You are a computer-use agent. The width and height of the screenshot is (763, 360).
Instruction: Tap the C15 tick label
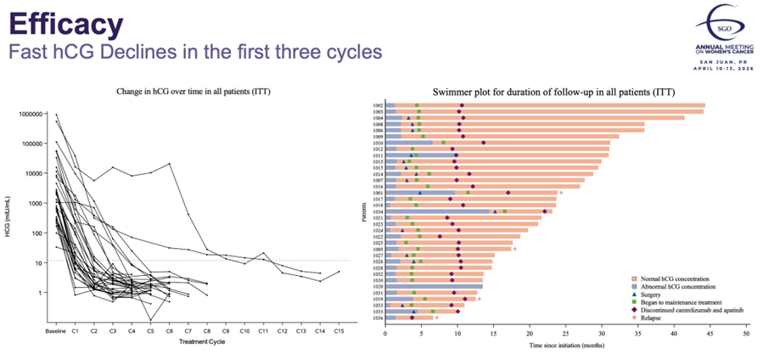[x=338, y=330]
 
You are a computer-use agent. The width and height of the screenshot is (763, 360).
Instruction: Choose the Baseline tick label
[x=56, y=330]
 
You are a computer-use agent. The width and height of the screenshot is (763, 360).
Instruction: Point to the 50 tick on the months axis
[x=746, y=334]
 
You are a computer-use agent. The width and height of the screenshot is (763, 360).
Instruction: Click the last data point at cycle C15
[x=338, y=273]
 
